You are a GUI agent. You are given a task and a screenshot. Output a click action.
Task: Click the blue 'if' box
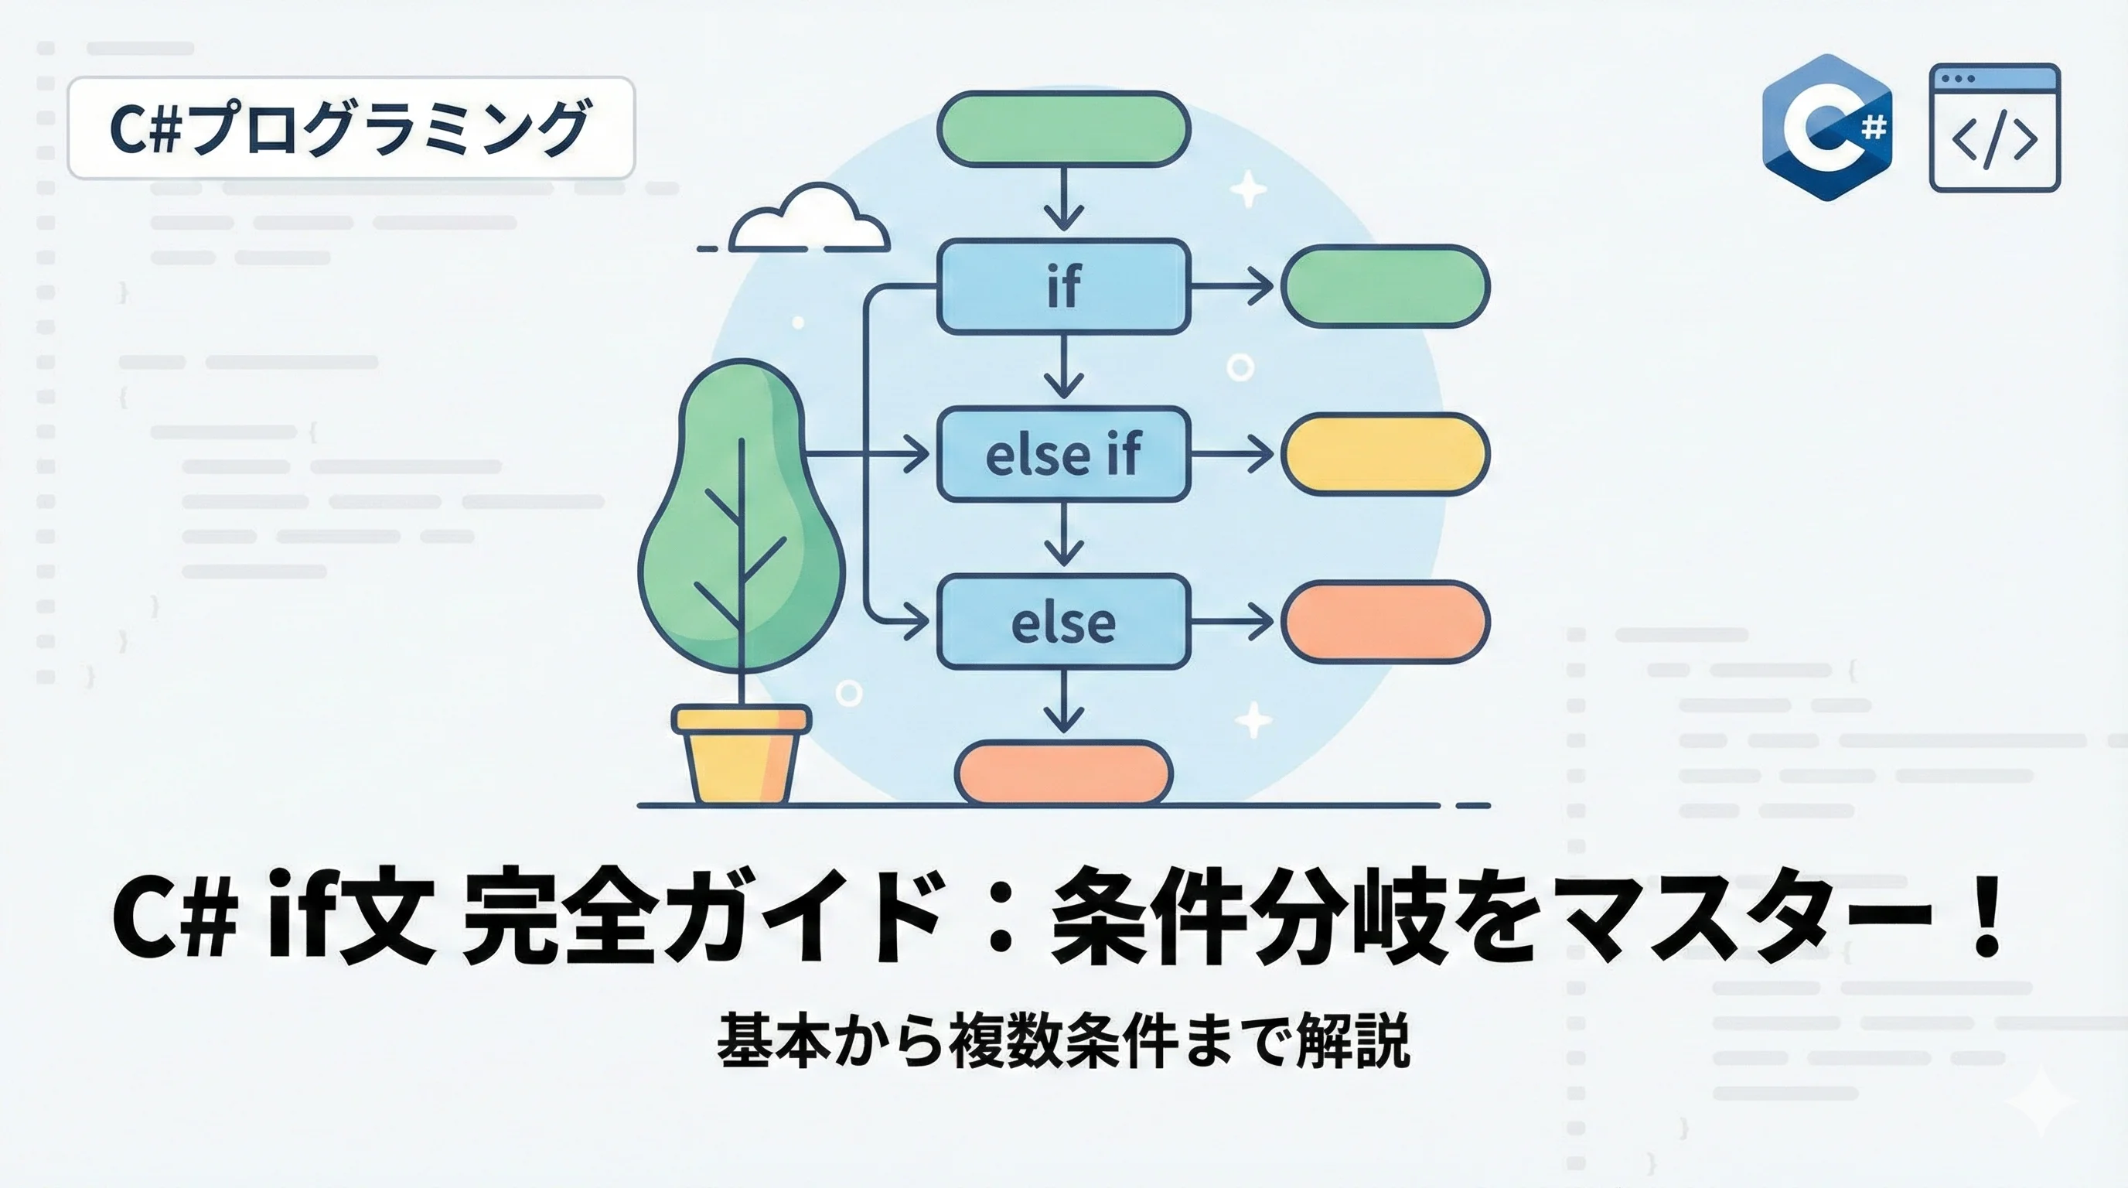[1063, 286]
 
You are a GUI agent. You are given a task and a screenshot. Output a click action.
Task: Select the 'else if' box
[1063, 453]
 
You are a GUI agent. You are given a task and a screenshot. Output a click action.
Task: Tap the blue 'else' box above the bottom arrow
[1063, 621]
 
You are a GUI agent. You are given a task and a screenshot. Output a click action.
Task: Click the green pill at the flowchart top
[1063, 128]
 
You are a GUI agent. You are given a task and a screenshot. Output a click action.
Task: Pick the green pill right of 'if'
[1385, 286]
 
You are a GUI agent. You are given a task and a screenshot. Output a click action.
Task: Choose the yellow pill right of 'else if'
[1385, 453]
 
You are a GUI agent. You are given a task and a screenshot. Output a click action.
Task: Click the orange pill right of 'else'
[1385, 621]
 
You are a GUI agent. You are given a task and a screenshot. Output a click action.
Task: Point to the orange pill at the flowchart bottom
[1063, 773]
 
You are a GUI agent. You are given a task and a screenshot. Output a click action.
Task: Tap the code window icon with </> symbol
[1994, 128]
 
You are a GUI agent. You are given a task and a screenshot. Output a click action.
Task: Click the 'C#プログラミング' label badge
[350, 128]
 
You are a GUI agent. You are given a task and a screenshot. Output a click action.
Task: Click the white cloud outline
[809, 220]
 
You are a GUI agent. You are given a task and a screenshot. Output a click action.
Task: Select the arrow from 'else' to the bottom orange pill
[1063, 702]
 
